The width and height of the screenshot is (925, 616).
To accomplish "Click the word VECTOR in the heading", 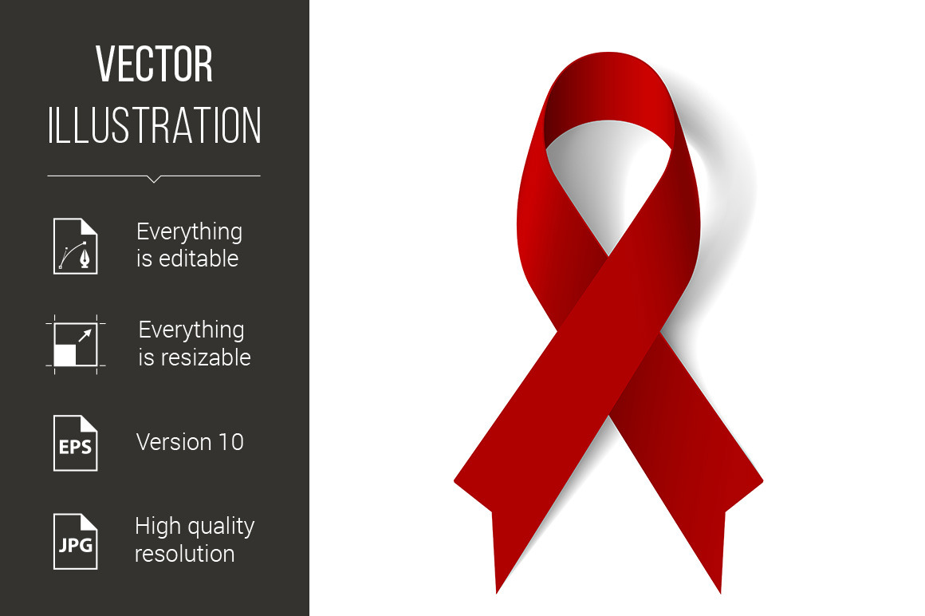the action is (154, 64).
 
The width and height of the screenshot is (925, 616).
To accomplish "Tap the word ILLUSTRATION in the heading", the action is (154, 125).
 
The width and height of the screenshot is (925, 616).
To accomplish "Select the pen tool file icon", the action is (76, 246).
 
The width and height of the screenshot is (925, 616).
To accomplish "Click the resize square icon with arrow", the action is (76, 345).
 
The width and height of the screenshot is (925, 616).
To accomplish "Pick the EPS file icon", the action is (76, 443).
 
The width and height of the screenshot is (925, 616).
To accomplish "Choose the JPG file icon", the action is (76, 541).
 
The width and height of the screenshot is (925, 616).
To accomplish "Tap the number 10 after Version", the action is (230, 442).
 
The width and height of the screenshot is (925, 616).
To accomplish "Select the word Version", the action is (174, 442).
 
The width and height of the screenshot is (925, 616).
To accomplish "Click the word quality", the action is (218, 527).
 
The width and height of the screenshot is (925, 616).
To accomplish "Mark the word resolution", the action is (185, 554).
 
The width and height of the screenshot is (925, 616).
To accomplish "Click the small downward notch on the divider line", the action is (154, 179).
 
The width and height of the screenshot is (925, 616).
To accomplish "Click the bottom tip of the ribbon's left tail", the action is (497, 592).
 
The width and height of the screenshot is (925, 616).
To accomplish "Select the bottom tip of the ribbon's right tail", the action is (720, 592).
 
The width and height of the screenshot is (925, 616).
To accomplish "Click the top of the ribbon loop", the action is (608, 53).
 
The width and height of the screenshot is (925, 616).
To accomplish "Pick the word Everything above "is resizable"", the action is (191, 330).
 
